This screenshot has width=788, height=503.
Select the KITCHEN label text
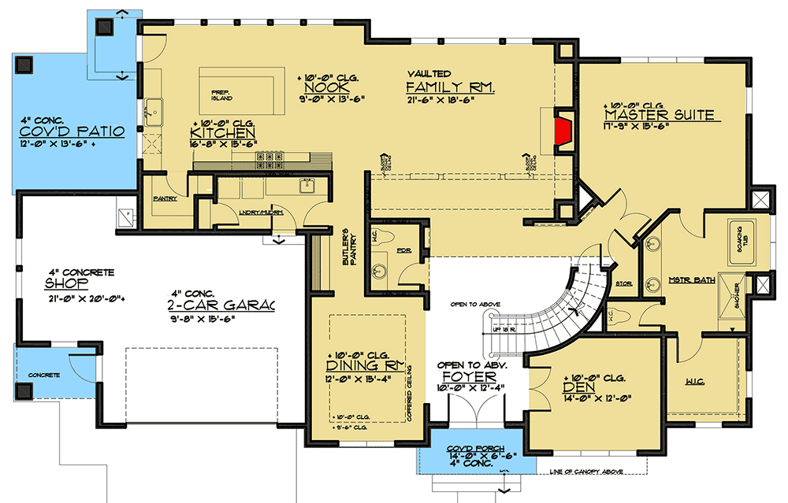(x=223, y=133)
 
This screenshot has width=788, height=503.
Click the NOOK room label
(x=321, y=88)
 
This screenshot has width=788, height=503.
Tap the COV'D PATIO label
(x=73, y=131)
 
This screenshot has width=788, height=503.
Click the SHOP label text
(x=61, y=283)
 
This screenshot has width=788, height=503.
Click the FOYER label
(x=473, y=375)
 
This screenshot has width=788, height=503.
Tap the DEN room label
(x=578, y=387)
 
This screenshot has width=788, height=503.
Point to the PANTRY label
(x=165, y=198)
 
